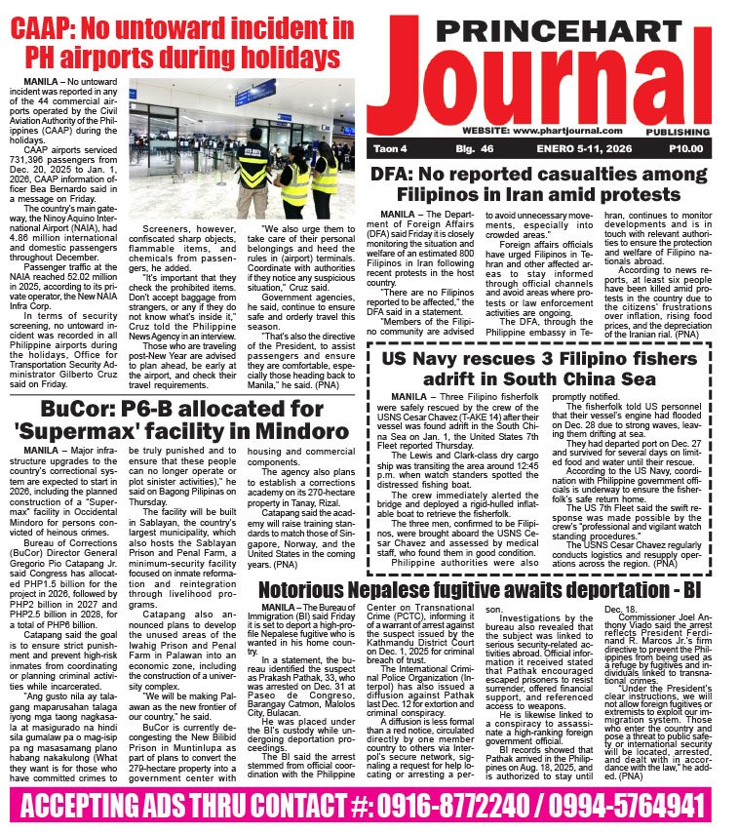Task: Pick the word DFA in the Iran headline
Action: click(x=397, y=177)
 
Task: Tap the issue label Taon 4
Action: click(x=388, y=148)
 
